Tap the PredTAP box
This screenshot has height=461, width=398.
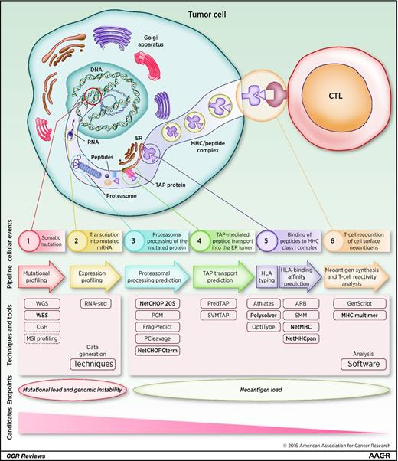pyautogui.click(x=218, y=303)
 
